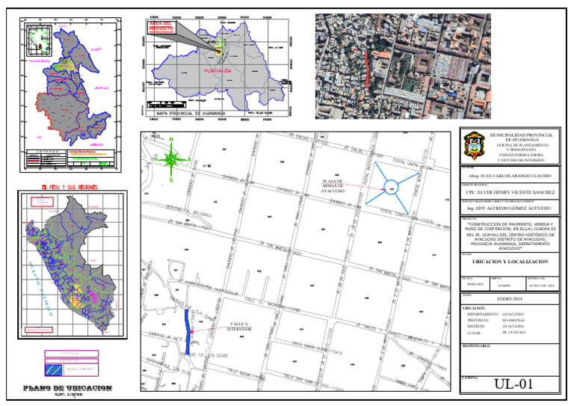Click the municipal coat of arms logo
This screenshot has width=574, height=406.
[473, 144]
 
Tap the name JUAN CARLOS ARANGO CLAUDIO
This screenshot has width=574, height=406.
[515, 175]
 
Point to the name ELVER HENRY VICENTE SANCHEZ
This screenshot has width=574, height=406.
[515, 192]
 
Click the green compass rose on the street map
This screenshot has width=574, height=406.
[171, 159]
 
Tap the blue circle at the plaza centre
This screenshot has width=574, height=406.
[392, 188]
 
